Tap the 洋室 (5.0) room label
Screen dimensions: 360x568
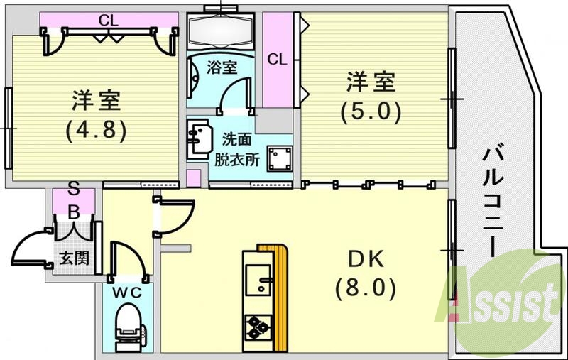pos(370,97)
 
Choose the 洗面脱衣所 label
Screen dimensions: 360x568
pos(237,149)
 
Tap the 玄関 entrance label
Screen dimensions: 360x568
pos(73,258)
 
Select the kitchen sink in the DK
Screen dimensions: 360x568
pos(258,281)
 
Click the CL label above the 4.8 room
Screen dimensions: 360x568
pos(108,20)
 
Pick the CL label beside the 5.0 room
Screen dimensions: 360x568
pos(277,60)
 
